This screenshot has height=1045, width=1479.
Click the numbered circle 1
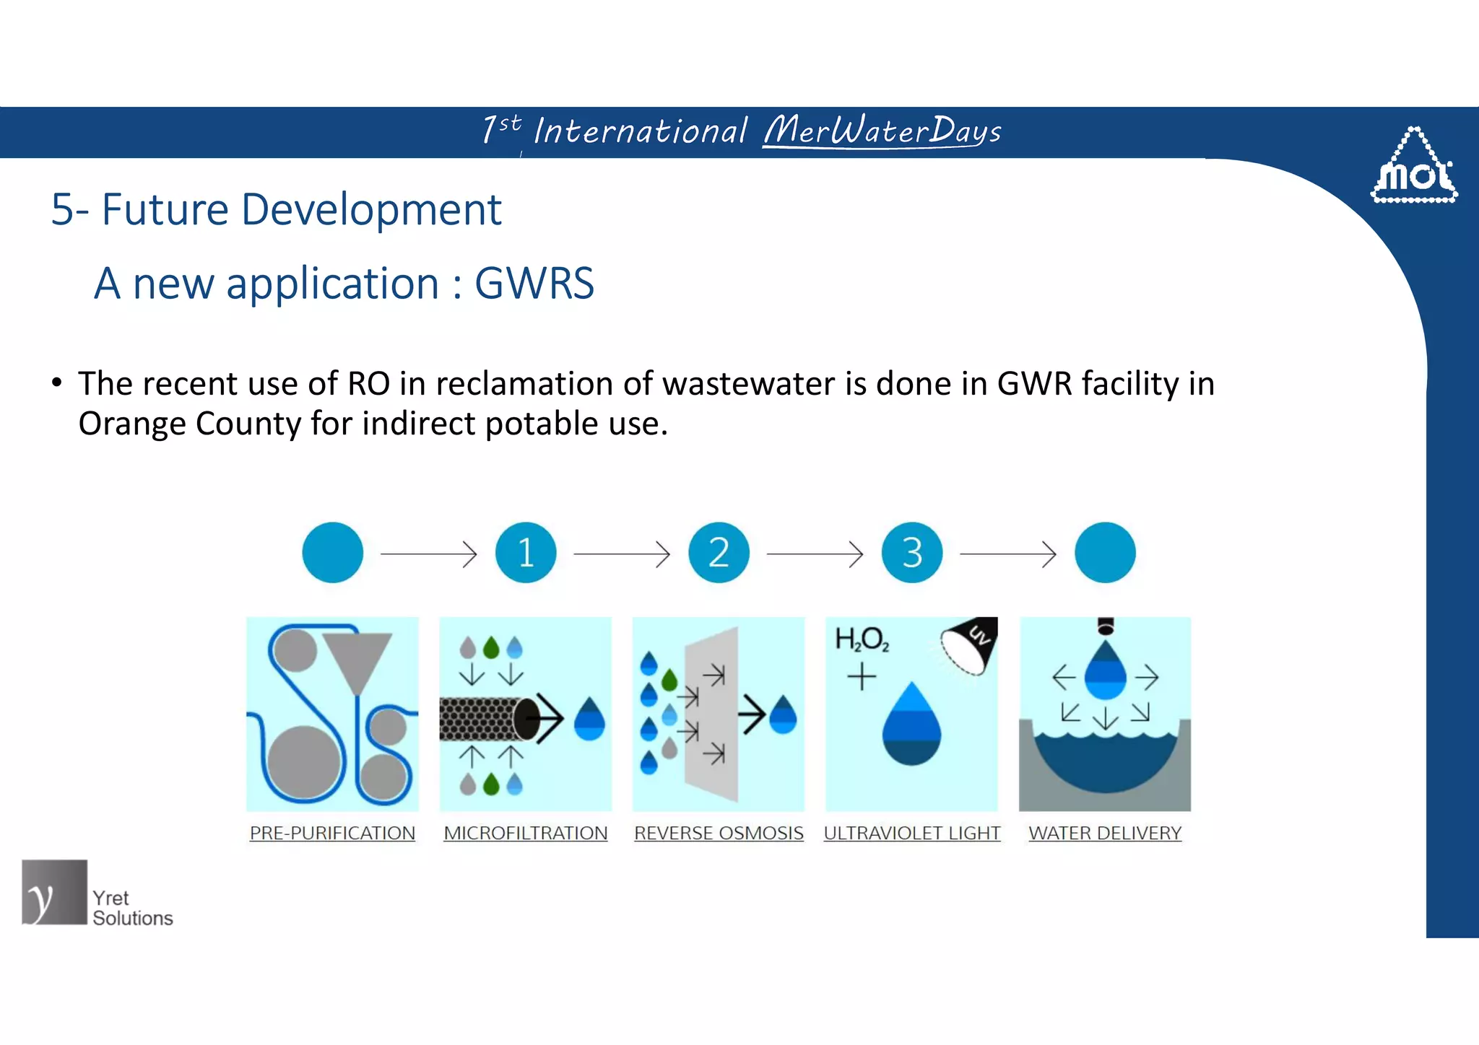[x=526, y=553]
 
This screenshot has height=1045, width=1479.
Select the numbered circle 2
[x=719, y=553]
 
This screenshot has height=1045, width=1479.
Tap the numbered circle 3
[x=912, y=553]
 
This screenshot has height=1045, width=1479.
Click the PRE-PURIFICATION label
[x=332, y=833]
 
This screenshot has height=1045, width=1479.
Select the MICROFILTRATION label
[x=526, y=833]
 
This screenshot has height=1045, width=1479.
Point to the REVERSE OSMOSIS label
[x=719, y=833]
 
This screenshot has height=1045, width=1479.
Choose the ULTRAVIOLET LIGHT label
[x=912, y=833]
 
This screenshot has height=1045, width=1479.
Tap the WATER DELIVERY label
[x=1105, y=833]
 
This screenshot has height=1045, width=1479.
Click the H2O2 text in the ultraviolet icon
[x=862, y=639]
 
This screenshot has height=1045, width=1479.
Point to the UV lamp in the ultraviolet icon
[x=971, y=644]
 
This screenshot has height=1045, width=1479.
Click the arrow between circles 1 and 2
[x=622, y=554]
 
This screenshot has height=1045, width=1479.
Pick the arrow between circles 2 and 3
[x=815, y=554]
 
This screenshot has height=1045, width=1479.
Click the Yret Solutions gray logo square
[x=54, y=892]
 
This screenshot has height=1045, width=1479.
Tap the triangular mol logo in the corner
[x=1414, y=167]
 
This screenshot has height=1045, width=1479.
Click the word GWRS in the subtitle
[x=534, y=283]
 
